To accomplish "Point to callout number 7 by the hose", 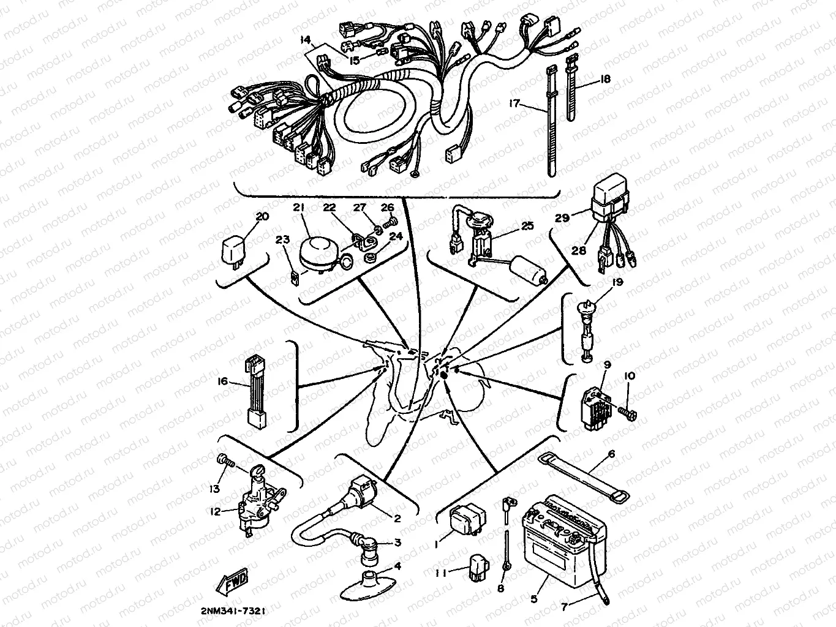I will coord(565,609).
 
